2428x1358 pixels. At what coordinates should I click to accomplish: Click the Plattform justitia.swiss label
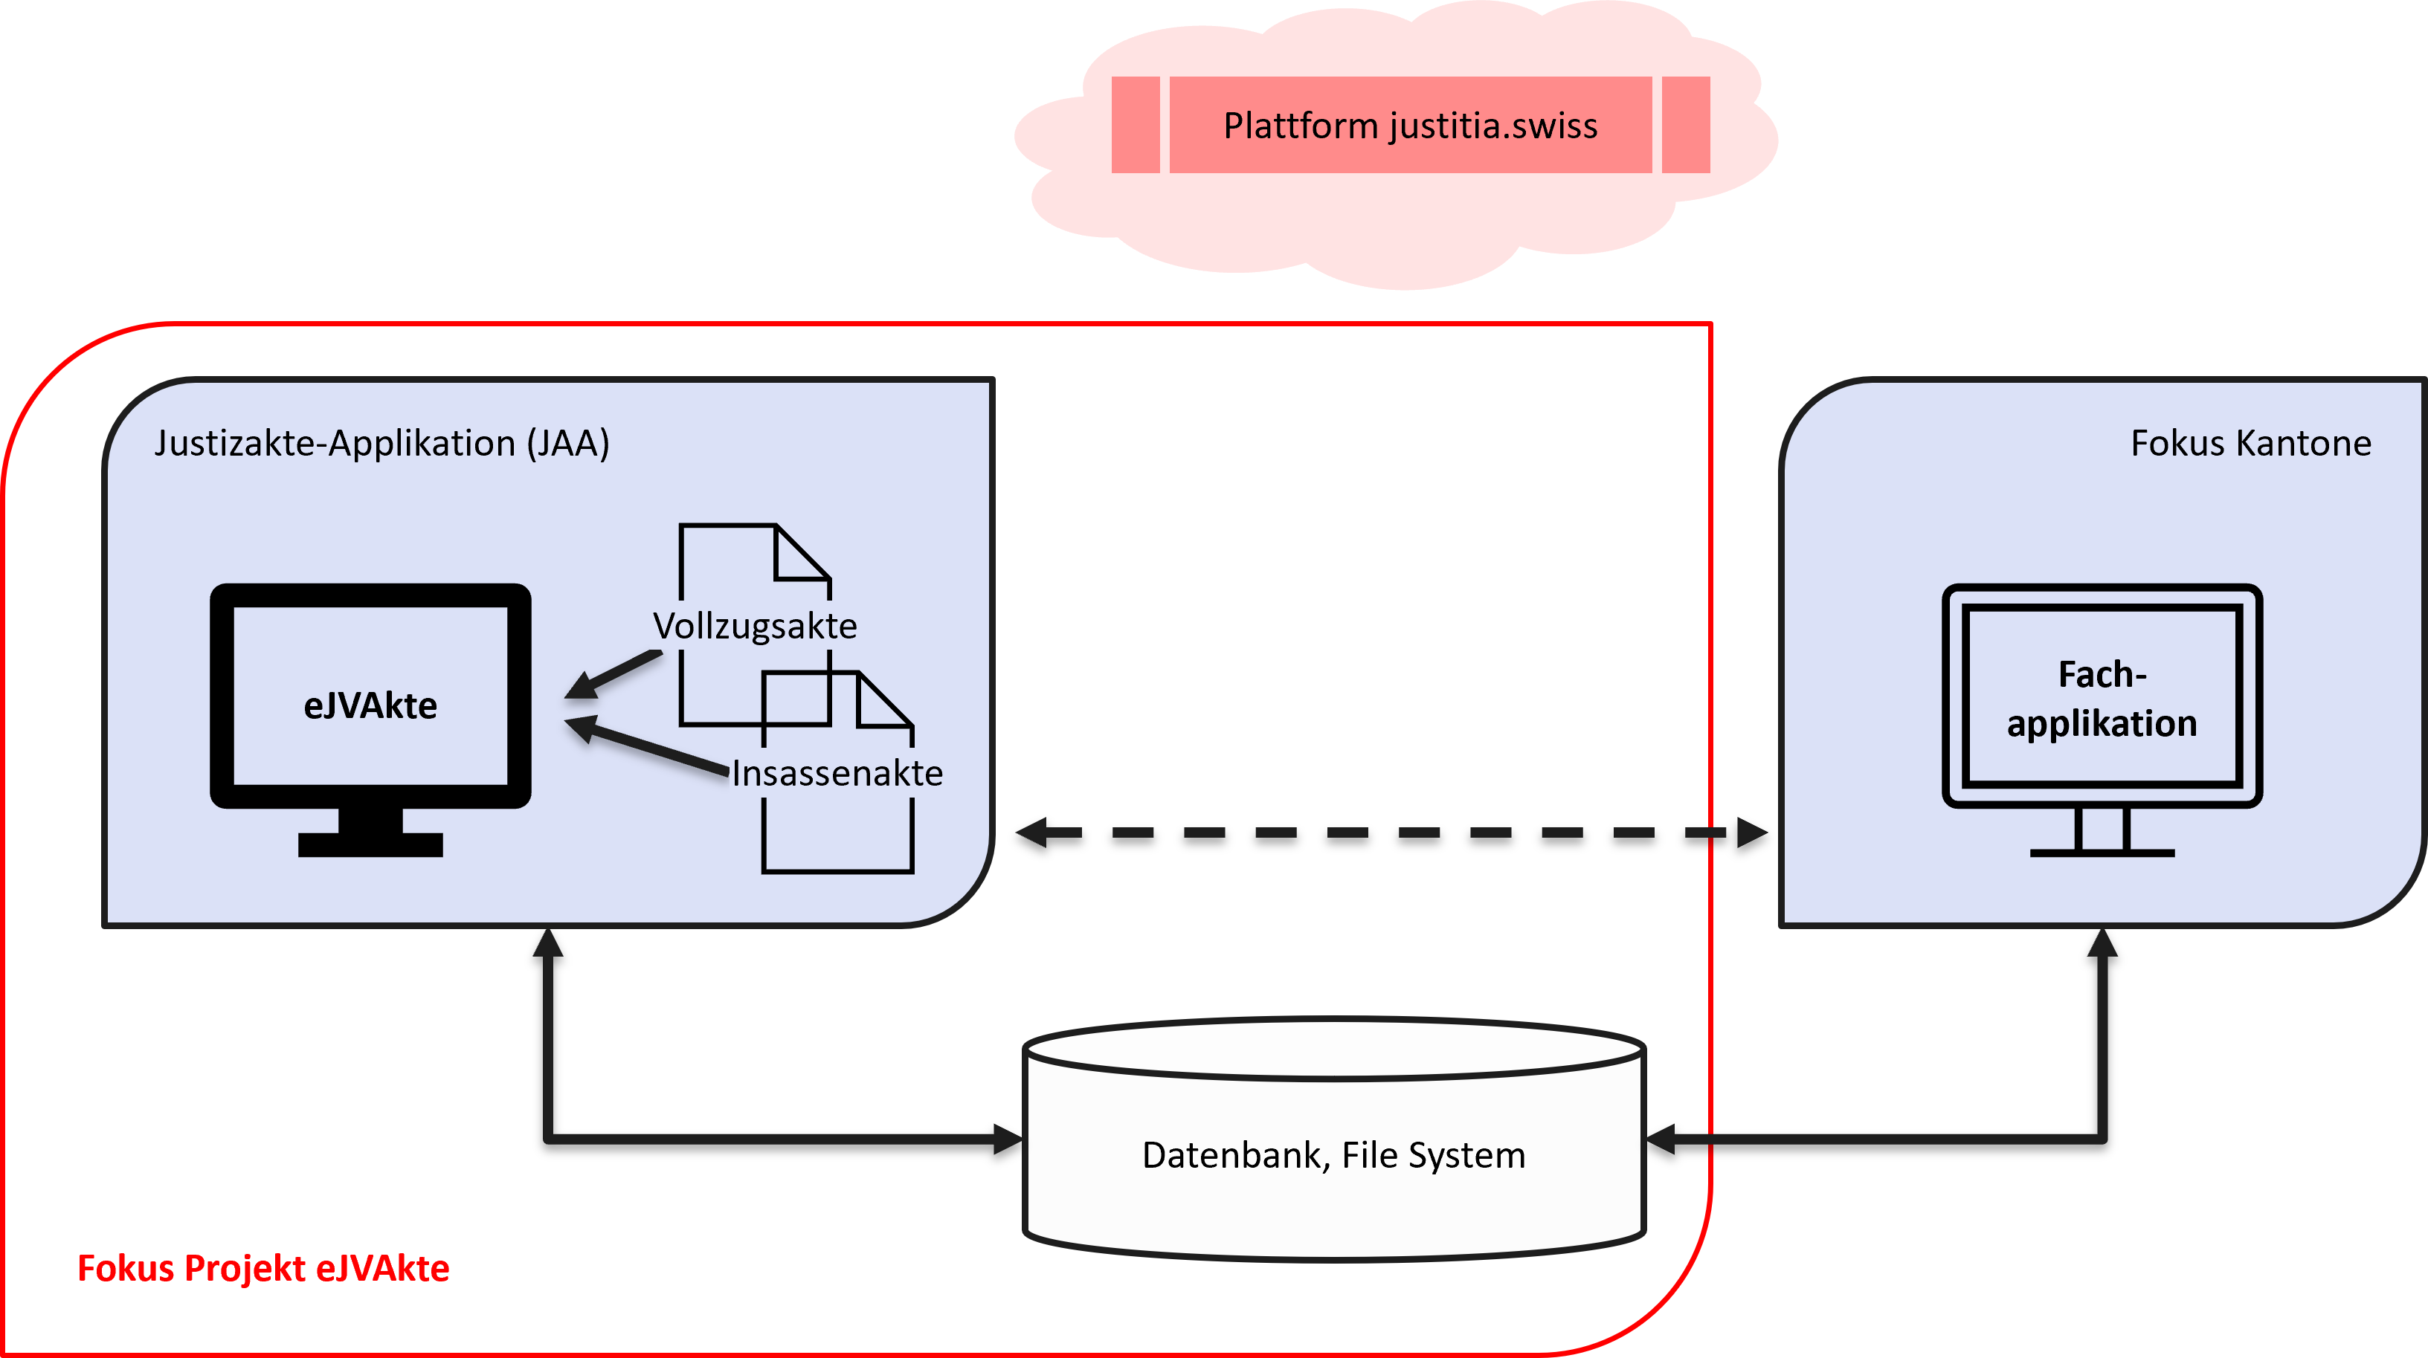1410,126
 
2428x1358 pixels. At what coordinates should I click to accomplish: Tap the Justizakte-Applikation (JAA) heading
381,443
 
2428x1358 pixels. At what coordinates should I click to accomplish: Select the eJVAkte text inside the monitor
370,705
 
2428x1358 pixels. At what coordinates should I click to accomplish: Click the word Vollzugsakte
755,626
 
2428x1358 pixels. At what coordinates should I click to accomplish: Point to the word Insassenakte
837,773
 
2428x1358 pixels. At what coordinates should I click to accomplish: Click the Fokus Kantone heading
2251,443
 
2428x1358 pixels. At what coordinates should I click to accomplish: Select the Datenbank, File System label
1333,1154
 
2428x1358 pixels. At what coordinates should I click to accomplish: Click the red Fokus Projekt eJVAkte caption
264,1269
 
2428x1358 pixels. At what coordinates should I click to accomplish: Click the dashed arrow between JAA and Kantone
1391,833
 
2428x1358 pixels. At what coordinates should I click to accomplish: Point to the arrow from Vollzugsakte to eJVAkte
613,675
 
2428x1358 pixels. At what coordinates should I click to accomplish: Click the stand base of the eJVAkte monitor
370,844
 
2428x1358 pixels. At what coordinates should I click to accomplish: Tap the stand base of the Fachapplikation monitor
2102,852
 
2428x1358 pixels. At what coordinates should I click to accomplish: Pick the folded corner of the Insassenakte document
884,701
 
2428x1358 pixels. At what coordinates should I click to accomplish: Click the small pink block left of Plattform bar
1136,126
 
